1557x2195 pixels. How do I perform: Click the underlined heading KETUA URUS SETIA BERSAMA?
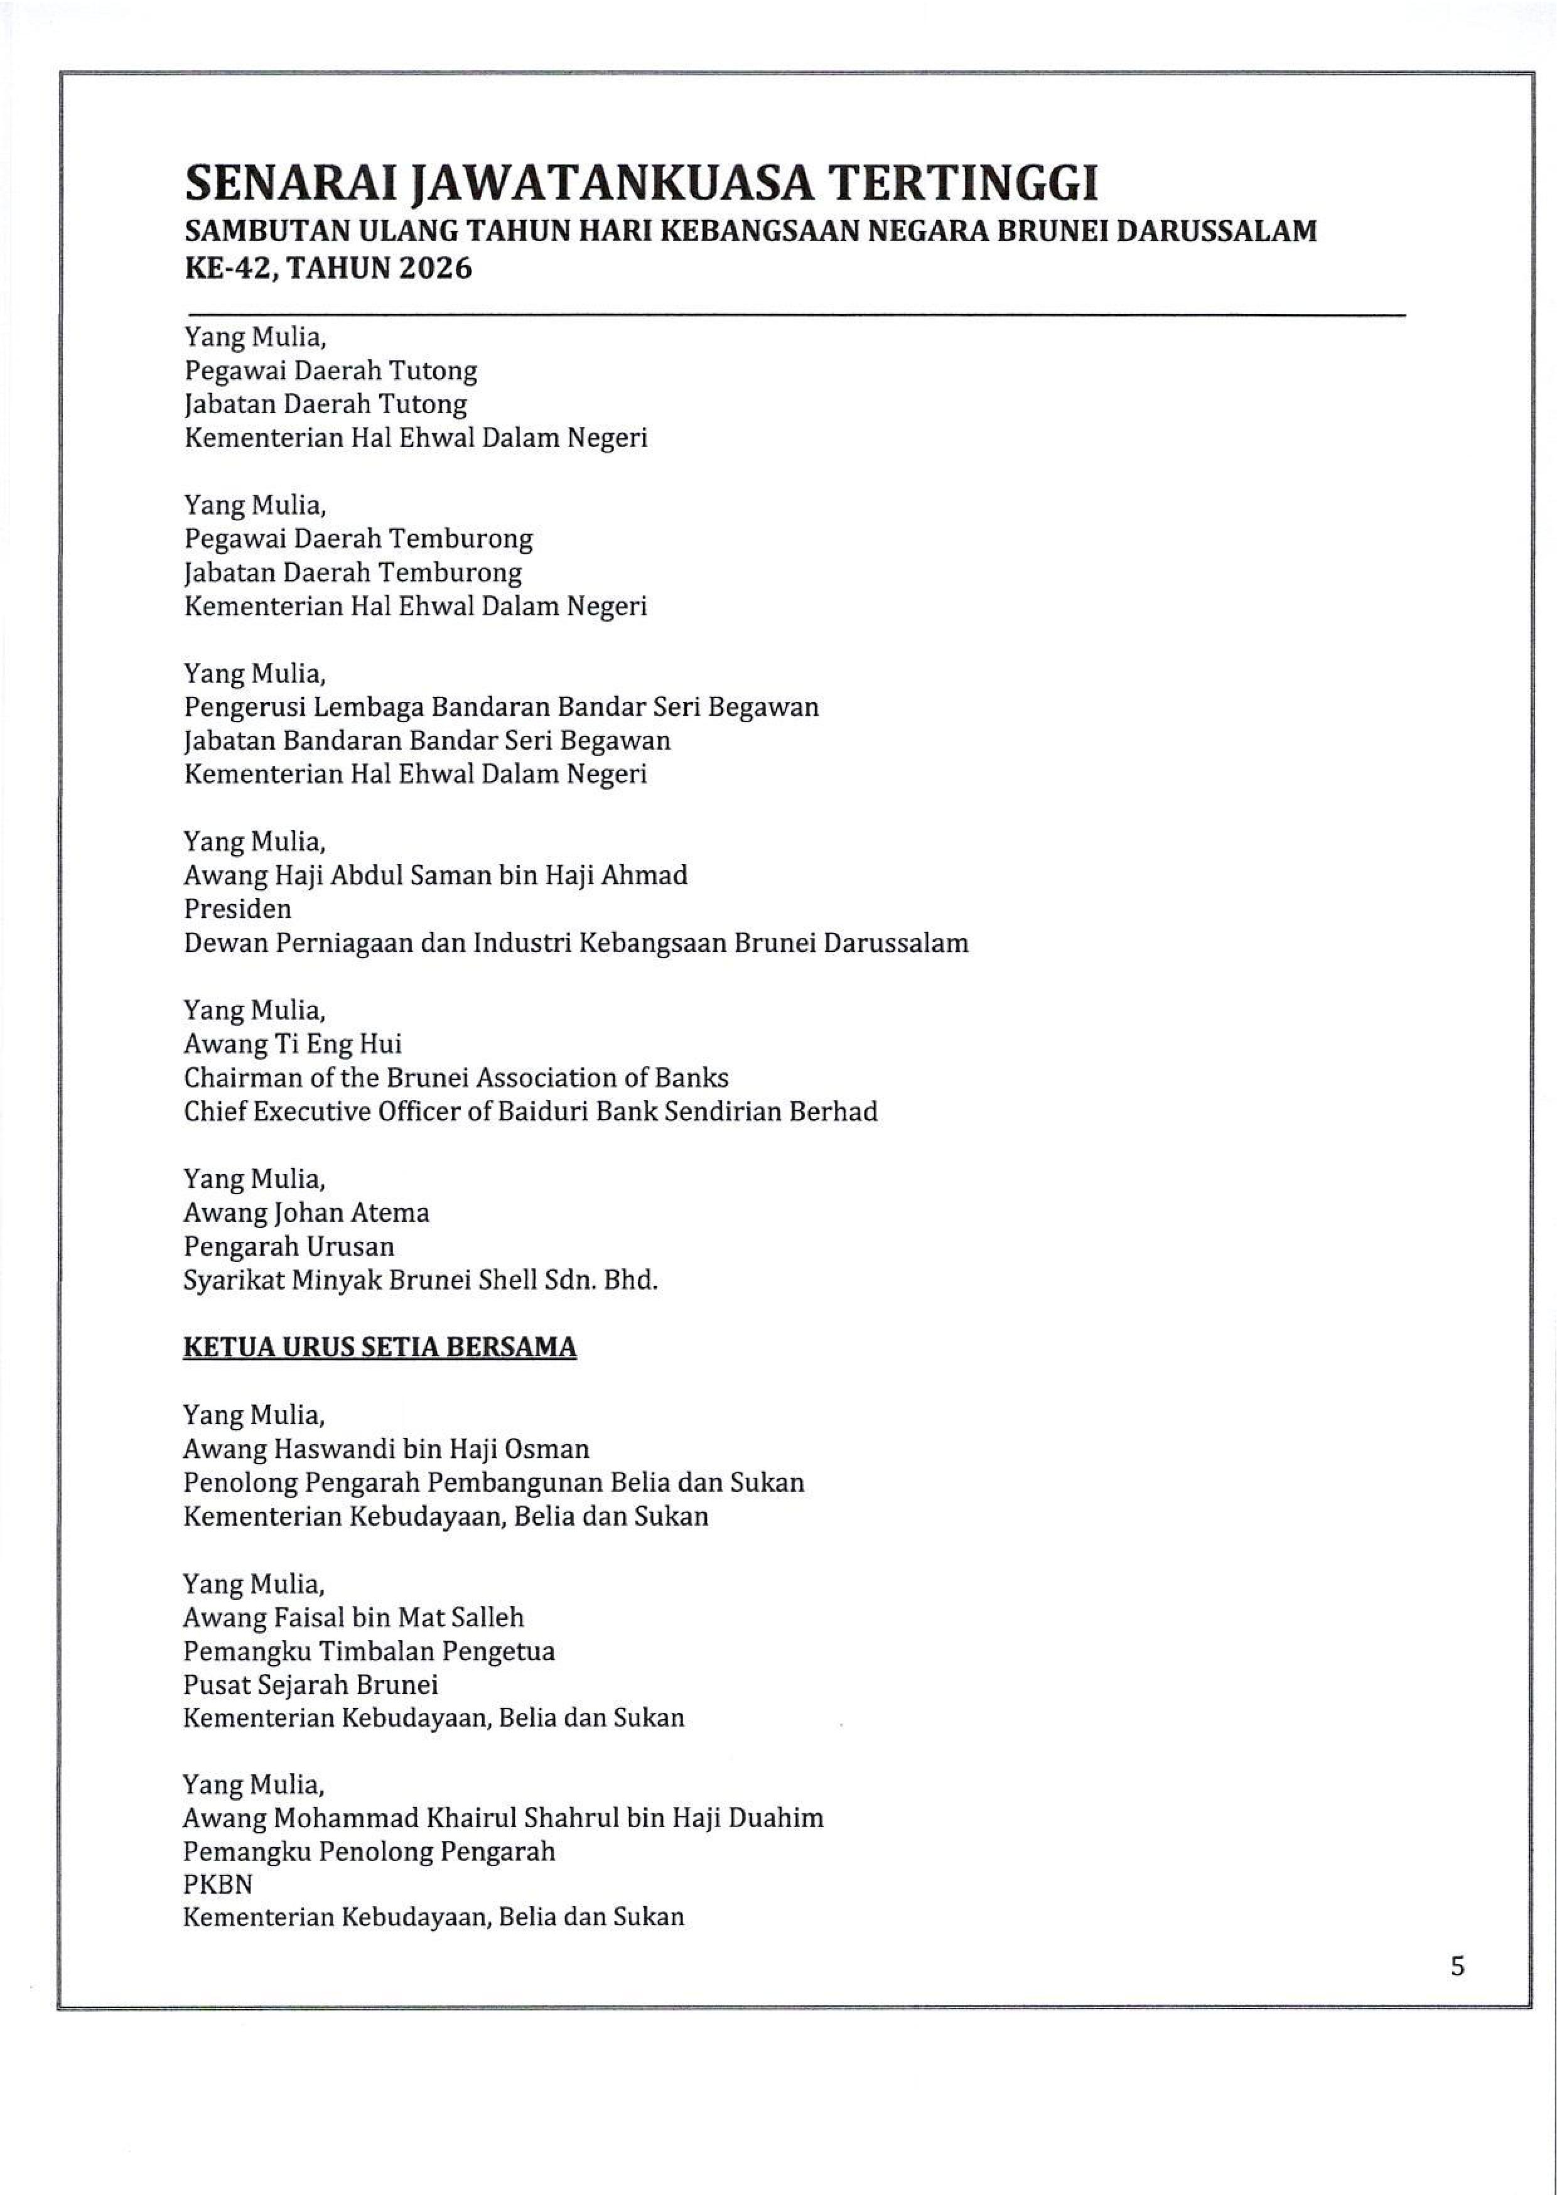pos(380,1347)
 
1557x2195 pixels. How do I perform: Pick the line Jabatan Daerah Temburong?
pos(353,572)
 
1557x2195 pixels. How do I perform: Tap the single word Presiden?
pos(238,908)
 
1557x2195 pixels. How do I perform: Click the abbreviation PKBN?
pos(218,1884)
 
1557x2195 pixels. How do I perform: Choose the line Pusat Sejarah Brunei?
pos(311,1684)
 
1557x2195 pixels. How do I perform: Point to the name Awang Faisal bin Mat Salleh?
pos(353,1617)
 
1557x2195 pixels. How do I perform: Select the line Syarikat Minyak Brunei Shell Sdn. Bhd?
pos(420,1280)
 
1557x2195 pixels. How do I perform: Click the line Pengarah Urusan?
pos(289,1246)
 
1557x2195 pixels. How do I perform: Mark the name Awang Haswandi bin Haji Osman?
pos(385,1448)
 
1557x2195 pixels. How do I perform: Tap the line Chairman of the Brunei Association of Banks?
pos(455,1077)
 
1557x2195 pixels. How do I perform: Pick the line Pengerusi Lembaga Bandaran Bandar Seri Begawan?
pos(500,706)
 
